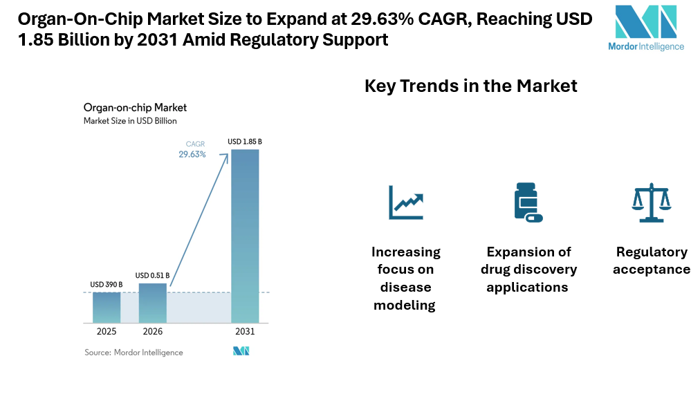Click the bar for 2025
coord(107,308)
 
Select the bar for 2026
coord(153,303)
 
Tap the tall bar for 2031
coord(245,236)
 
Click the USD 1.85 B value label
coord(245,142)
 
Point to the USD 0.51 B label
coord(153,275)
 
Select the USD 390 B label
coord(107,284)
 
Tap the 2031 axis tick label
coord(245,332)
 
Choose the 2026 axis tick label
coord(153,332)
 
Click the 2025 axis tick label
coord(107,332)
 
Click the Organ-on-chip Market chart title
coord(135,108)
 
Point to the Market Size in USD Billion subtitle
coord(130,121)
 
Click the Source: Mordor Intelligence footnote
coord(133,353)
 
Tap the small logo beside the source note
coord(241,352)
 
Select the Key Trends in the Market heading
coord(470,86)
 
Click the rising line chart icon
coord(405,202)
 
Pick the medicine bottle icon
coord(527,202)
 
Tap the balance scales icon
coord(651,203)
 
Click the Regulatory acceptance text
coord(652,261)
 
